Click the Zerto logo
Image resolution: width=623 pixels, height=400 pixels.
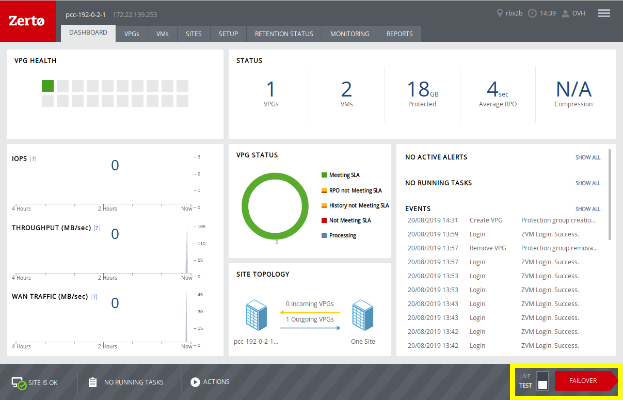[27, 21]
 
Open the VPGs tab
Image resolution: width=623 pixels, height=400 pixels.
[132, 34]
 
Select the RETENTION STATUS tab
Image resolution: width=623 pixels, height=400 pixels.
[284, 34]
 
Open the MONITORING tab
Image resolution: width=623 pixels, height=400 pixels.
[349, 34]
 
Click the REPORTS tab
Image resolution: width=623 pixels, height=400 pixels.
[400, 34]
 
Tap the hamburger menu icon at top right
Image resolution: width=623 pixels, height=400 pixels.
[604, 13]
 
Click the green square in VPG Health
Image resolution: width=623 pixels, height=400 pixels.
[48, 86]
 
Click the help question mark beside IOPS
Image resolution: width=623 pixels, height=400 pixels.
[33, 159]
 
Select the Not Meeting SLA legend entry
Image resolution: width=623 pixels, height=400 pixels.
[349, 221]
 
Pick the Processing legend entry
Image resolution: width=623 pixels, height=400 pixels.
[342, 236]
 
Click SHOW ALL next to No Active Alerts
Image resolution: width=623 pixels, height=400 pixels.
[587, 157]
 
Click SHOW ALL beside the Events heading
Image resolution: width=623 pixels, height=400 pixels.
[587, 209]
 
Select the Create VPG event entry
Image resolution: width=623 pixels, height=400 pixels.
[486, 220]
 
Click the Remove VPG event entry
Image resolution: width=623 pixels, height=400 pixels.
[488, 248]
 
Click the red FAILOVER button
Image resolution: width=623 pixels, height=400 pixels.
[583, 381]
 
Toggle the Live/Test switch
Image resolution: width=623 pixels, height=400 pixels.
[542, 381]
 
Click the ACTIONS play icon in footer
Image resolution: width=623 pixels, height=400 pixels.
[195, 382]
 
